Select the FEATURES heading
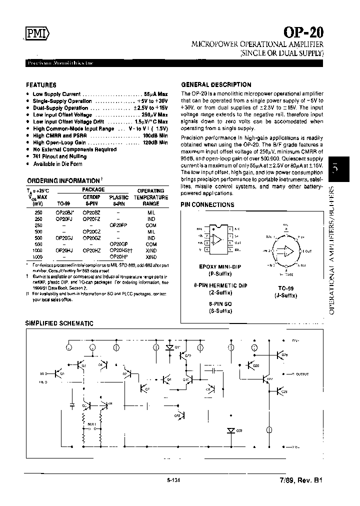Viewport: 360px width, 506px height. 41,85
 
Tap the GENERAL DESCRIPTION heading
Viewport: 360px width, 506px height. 216,84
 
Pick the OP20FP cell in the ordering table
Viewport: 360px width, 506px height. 119,225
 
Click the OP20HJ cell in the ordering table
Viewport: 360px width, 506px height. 64,250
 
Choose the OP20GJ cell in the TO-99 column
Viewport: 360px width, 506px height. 64,237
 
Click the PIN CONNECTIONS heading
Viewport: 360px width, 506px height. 207,204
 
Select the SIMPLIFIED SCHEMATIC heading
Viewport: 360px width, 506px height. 59,323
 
